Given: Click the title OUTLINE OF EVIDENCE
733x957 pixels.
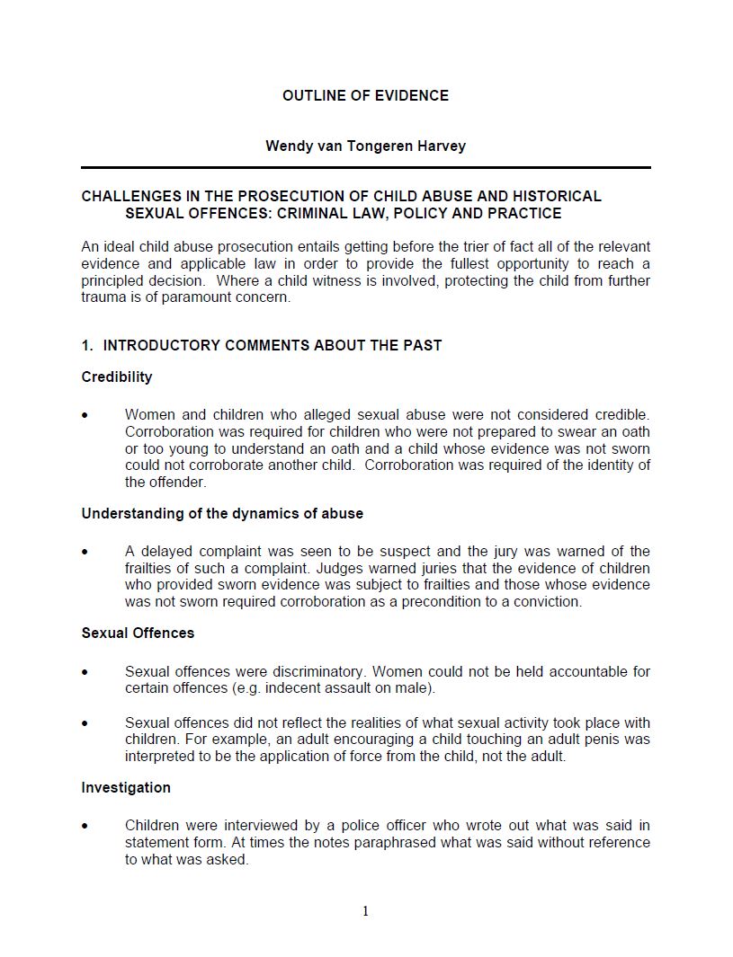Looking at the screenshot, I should click(365, 95).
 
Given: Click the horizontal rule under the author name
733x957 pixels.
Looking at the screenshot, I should click(365, 167).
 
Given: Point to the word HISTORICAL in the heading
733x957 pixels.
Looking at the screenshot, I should click(557, 196).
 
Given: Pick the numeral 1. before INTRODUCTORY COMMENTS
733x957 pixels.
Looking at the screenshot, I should click(86, 345).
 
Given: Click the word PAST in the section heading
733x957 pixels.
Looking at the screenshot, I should click(423, 345).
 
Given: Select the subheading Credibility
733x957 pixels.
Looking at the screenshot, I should click(117, 377).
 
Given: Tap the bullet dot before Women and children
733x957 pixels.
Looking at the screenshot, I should click(85, 415).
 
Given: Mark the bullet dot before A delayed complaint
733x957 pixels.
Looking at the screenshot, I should click(85, 552).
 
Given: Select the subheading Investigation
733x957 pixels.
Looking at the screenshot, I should click(126, 787).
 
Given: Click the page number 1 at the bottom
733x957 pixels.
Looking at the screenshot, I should click(365, 911).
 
